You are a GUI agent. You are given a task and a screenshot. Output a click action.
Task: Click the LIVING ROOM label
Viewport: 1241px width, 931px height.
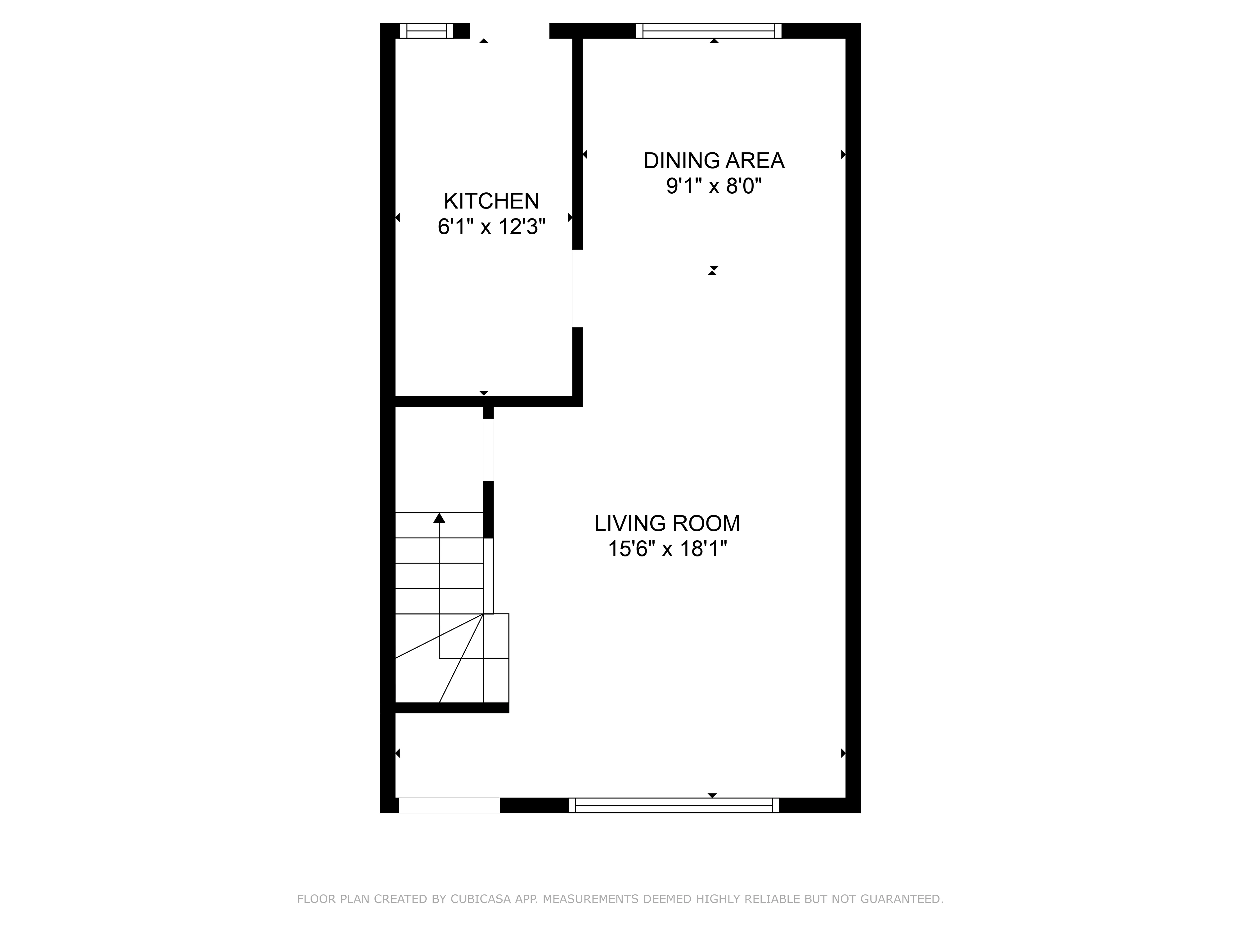[x=667, y=524]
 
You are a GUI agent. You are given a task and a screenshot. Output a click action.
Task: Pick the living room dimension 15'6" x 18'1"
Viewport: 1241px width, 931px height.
[x=667, y=549]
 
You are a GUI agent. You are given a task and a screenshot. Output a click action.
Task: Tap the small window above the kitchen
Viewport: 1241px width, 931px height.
[x=426, y=31]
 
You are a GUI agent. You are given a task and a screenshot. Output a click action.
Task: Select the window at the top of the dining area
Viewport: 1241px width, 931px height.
[x=709, y=31]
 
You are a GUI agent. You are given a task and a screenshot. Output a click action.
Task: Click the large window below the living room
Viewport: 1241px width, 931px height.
[x=674, y=805]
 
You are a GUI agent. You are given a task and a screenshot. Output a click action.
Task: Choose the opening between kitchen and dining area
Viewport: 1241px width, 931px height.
[x=577, y=288]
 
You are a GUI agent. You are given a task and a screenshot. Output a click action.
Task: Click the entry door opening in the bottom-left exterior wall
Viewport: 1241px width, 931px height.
[x=449, y=805]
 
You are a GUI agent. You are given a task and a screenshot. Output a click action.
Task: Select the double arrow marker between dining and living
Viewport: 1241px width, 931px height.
[x=713, y=271]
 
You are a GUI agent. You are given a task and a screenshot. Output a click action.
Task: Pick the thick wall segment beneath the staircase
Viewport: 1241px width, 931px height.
[x=452, y=708]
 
